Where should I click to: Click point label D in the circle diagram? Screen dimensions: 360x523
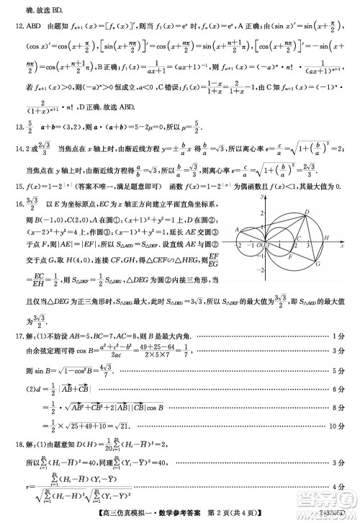[x=307, y=212]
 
